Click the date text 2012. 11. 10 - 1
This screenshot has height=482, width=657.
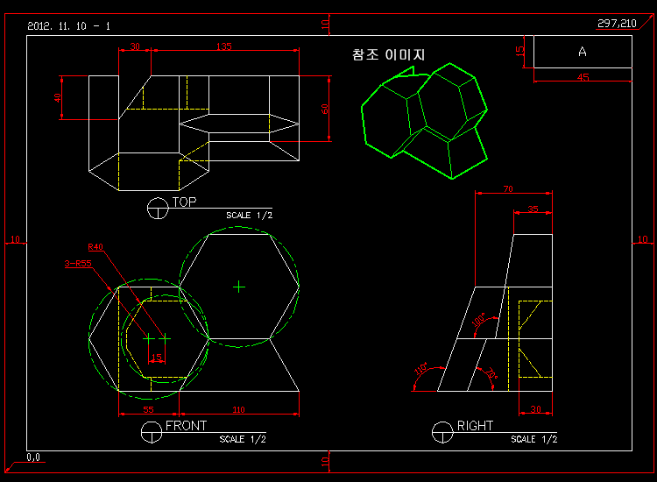(68, 26)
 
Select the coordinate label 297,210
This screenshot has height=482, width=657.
(617, 23)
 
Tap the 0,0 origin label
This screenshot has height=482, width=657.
(34, 457)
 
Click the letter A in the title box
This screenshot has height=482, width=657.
(582, 52)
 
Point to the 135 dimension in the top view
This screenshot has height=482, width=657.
(223, 46)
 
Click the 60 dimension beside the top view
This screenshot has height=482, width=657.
(325, 109)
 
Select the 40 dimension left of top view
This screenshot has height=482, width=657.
(59, 97)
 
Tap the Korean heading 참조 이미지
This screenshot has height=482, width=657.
(388, 54)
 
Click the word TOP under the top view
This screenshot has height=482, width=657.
(184, 202)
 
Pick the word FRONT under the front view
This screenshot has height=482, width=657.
(186, 426)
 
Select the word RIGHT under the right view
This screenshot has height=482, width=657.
(475, 426)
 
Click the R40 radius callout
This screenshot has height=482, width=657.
(95, 247)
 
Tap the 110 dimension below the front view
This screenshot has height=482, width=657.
(238, 410)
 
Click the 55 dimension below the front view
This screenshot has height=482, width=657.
(148, 410)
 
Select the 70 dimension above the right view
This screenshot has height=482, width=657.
(508, 189)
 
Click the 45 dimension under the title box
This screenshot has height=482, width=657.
(583, 77)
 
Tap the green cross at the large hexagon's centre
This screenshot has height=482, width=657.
(239, 286)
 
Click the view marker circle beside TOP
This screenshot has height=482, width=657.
(159, 209)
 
